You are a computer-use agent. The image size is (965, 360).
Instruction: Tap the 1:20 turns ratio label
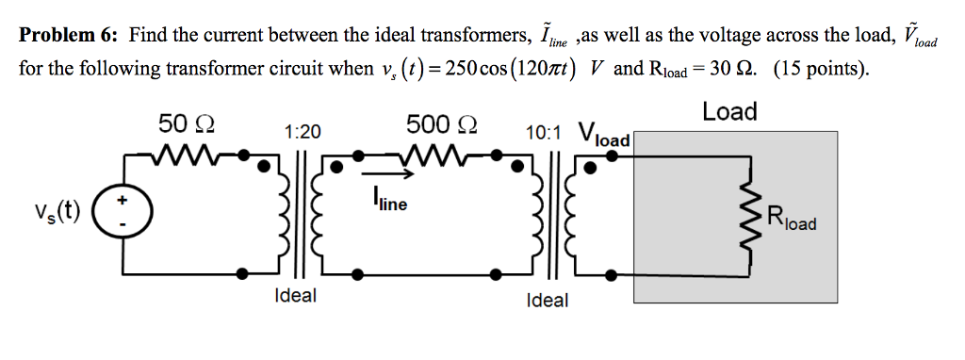(301, 134)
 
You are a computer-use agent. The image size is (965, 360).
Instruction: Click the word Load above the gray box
(729, 112)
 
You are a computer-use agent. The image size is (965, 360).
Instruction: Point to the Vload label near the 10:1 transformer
(603, 135)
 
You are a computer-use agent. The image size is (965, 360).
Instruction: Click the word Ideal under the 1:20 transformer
(295, 296)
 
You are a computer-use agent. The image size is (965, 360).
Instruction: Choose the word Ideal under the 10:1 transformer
(548, 301)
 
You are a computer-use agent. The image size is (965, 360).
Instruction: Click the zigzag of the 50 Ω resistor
(188, 153)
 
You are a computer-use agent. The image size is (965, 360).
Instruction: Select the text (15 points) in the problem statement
(822, 70)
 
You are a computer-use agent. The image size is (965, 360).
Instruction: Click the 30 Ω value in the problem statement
(732, 70)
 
